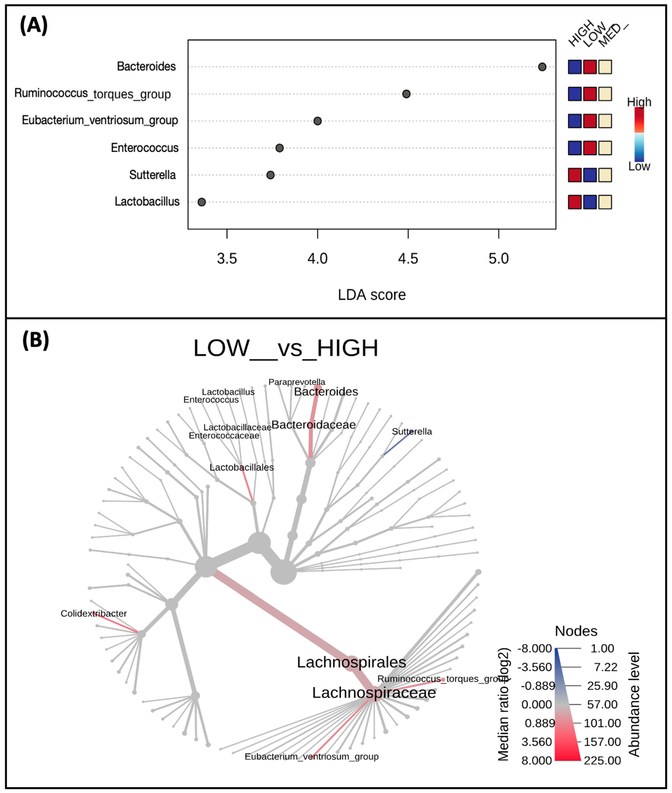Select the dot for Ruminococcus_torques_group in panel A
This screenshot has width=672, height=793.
406,94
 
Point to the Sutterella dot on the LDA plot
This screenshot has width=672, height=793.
270,175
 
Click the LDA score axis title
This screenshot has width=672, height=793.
372,295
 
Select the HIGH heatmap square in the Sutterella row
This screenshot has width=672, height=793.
574,175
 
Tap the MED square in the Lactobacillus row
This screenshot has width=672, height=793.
605,202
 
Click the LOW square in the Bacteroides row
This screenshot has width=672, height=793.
590,67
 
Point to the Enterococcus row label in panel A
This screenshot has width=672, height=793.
144,148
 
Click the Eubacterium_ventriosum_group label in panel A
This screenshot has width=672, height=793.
100,120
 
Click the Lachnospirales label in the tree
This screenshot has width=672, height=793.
351,662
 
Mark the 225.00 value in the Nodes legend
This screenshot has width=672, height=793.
602,761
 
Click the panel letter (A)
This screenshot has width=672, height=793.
34,26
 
